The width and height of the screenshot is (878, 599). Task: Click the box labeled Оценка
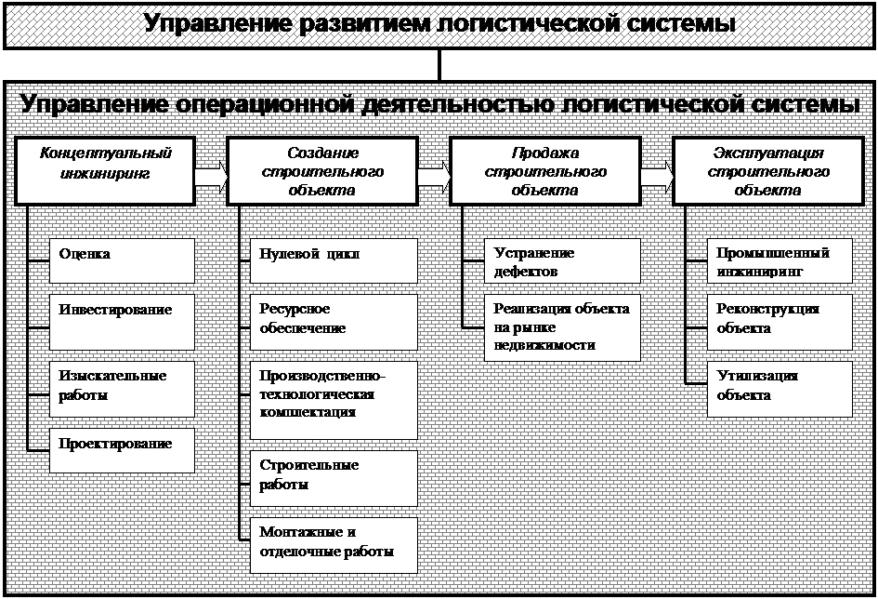click(x=122, y=260)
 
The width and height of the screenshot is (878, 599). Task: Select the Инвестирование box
click(x=122, y=321)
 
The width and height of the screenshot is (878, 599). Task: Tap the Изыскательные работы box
click(x=122, y=388)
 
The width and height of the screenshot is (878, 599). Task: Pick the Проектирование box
click(x=122, y=450)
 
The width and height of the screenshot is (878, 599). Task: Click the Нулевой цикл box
click(x=334, y=260)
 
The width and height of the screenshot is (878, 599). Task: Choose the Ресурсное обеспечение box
click(x=334, y=321)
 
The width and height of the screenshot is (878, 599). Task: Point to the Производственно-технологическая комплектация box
click(x=334, y=399)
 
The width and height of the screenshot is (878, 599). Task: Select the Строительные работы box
click(x=334, y=477)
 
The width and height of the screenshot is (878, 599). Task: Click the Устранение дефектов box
click(x=561, y=260)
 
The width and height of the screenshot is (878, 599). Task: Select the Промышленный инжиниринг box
click(x=779, y=260)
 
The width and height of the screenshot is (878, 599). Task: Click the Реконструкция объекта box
click(x=779, y=321)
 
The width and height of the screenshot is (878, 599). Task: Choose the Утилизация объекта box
click(x=779, y=388)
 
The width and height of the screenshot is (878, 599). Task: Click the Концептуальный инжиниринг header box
click(x=106, y=171)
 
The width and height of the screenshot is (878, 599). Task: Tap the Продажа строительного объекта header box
click(x=544, y=171)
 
